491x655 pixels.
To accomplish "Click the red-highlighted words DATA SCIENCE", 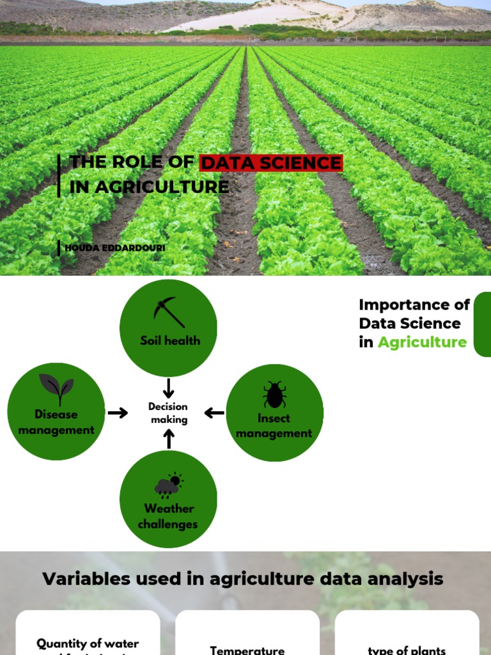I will coord(271,163).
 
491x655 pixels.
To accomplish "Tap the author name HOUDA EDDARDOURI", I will coord(115,248).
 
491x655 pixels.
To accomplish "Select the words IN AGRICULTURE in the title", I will coord(149,186).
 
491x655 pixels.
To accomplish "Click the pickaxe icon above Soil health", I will coord(169,312).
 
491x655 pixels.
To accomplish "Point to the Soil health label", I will coord(170,340).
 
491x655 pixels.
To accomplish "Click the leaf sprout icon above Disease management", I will coord(56,389).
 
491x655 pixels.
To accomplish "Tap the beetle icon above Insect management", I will coord(274,395).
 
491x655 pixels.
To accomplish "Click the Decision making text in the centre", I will coord(169,413).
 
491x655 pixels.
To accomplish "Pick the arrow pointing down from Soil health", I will coord(169,388).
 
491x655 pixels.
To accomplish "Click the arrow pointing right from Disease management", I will coord(118,413).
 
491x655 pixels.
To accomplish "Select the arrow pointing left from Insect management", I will coord(215,413).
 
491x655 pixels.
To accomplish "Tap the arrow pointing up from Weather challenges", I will coord(169,439).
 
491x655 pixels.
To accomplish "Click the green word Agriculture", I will coord(422,342).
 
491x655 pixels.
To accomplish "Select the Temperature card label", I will coord(247,649).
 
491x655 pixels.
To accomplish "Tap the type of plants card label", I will coord(407,650).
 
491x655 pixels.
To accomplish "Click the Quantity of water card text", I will coord(88,644).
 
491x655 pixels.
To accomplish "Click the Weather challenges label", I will coord(168,516).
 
